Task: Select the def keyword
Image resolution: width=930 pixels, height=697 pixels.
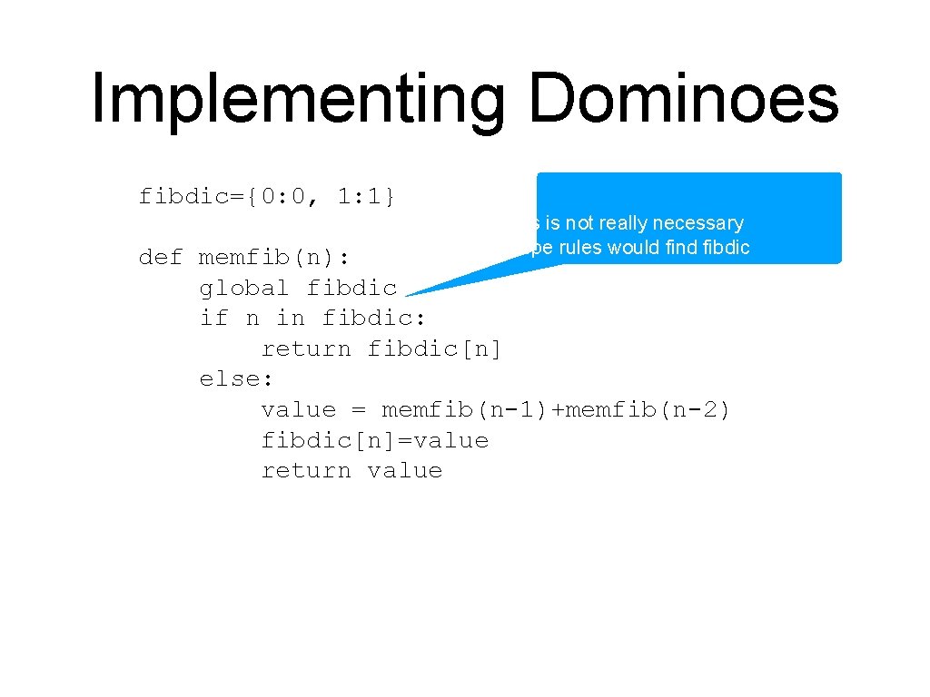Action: [x=161, y=258]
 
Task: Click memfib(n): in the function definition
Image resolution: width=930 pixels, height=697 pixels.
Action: [x=274, y=258]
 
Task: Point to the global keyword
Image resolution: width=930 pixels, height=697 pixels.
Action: [x=244, y=288]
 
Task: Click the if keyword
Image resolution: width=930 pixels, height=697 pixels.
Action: [x=214, y=318]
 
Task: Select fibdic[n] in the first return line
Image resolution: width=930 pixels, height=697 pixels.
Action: [x=434, y=348]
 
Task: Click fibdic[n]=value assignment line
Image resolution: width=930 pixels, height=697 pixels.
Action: [x=374, y=441]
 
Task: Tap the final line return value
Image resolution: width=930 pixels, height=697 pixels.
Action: [x=351, y=471]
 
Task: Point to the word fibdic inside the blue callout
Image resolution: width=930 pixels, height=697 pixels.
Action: [x=727, y=247]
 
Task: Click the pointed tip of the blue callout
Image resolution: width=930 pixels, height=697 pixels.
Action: [x=409, y=295]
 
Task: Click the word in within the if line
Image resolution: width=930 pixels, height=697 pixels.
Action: [x=291, y=318]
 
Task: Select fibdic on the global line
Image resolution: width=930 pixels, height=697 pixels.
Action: [x=351, y=288]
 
